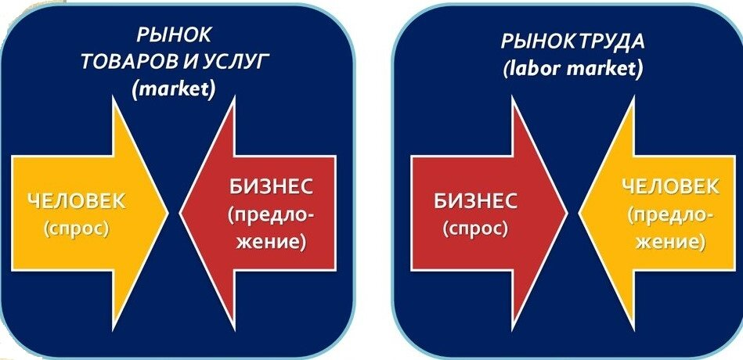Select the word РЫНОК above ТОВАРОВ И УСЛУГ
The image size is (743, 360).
point(174,37)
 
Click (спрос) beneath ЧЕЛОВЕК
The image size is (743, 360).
point(76,230)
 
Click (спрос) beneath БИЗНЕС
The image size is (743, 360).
point(474,229)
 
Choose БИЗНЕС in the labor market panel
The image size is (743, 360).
point(474,200)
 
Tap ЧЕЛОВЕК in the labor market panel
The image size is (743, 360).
point(670,187)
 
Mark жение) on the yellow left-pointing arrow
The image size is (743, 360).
point(670,242)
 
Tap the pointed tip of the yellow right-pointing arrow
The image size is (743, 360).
point(168,211)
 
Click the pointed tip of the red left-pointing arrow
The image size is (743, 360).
point(182,211)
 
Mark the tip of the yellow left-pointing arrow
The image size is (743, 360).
point(580,211)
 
